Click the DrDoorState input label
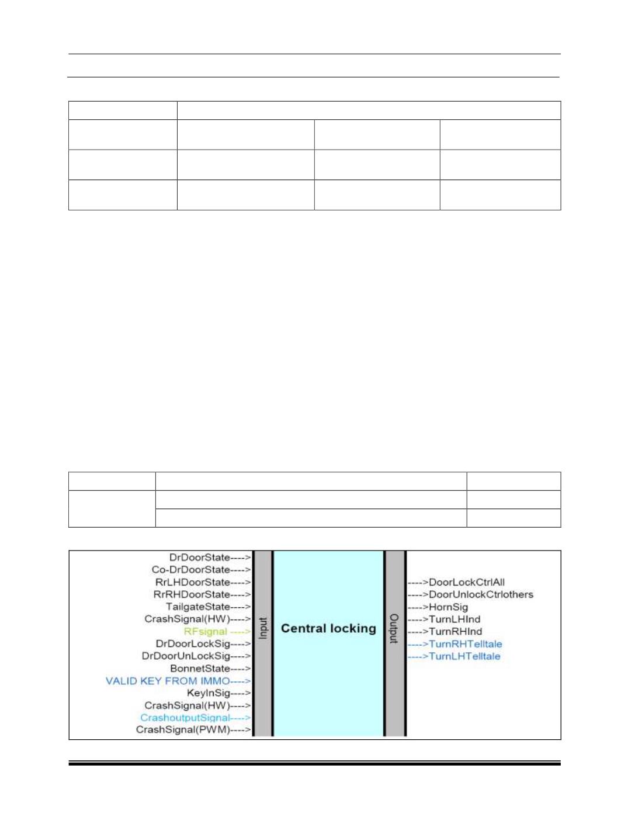tap(199, 558)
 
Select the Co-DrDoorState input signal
tap(190, 570)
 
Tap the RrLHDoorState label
tap(192, 582)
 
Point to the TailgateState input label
tap(197, 607)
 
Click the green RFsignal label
tap(205, 631)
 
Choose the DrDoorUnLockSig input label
tap(185, 656)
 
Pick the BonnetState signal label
tap(200, 669)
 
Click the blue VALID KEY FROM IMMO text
tap(168, 681)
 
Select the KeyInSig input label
tap(208, 693)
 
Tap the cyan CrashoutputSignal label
tap(185, 718)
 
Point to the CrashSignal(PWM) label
tap(183, 730)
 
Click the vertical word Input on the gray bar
tap(263, 628)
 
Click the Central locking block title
tap(328, 628)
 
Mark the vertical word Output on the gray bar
tap(394, 628)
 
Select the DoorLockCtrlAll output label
tap(466, 582)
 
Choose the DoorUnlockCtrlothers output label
tap(481, 594)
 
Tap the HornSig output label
tap(448, 607)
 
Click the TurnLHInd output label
tap(454, 619)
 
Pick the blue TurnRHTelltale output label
tap(465, 644)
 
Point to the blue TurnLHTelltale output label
tap(464, 656)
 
